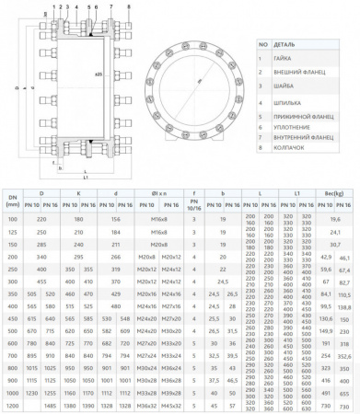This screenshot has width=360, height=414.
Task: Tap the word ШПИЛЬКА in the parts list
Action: click(285, 103)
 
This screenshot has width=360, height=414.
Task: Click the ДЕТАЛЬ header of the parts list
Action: click(285, 43)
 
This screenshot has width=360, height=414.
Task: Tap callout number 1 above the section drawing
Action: click(54, 6)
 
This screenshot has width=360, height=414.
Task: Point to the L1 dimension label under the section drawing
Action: click(85, 175)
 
